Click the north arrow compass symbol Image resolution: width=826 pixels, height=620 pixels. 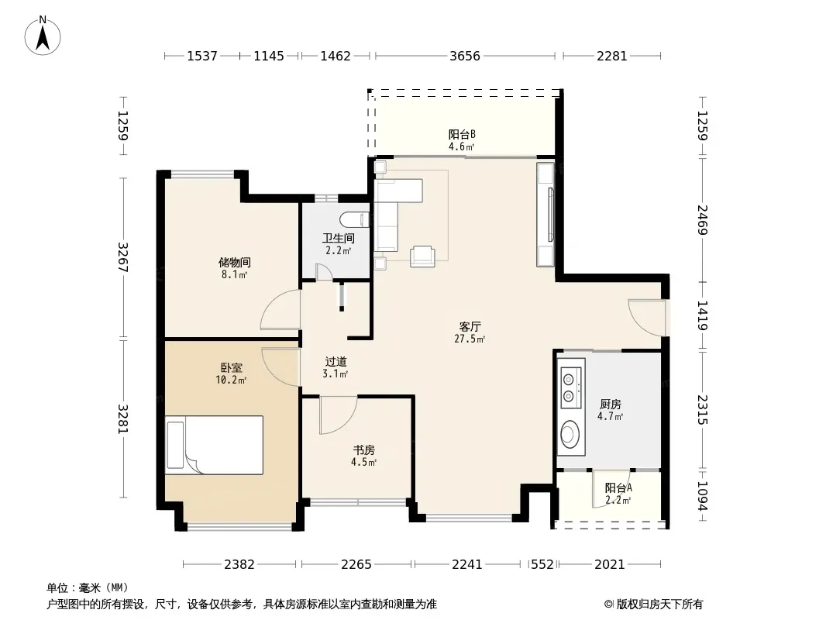click(43, 36)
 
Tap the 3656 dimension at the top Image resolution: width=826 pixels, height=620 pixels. click(465, 56)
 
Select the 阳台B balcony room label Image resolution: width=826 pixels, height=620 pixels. click(462, 135)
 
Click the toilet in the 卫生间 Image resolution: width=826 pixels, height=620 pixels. click(354, 218)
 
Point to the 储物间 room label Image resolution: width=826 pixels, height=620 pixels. click(235, 262)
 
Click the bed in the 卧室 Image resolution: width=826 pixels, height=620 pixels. click(214, 445)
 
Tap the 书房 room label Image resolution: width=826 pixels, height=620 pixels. click(364, 450)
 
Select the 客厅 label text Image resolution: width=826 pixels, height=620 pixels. click(470, 326)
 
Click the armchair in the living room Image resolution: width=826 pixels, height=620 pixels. click(423, 256)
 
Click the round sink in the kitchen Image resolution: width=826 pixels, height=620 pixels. click(569, 434)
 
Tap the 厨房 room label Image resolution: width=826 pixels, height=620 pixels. click(611, 405)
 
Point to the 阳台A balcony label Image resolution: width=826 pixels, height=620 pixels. click(618, 488)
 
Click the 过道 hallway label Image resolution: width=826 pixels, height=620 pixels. click(336, 362)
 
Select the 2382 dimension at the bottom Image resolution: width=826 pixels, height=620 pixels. click(239, 565)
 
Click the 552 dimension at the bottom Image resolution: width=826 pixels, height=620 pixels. click(542, 565)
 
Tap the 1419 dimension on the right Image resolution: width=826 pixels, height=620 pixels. click(702, 315)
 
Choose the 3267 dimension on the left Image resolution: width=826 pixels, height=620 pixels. click(123, 257)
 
